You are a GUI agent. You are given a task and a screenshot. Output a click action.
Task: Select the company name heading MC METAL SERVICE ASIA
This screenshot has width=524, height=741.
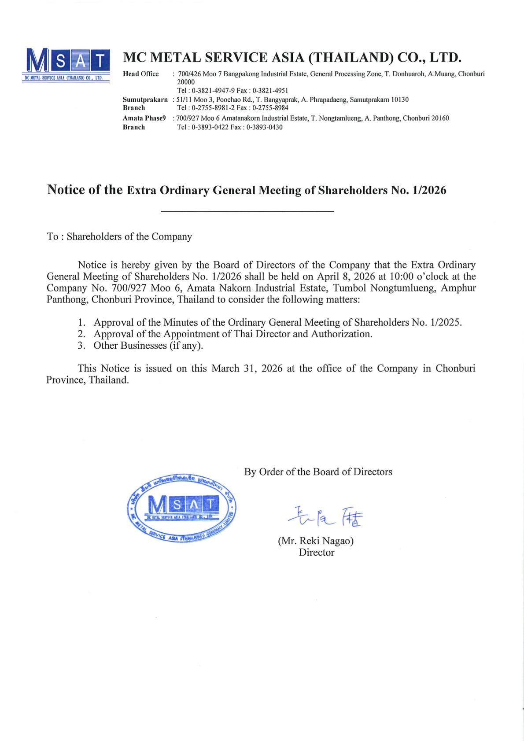click(292, 57)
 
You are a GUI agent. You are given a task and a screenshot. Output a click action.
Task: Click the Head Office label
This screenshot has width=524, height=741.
click(140, 74)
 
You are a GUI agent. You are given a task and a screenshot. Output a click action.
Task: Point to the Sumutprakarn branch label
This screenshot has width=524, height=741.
click(145, 100)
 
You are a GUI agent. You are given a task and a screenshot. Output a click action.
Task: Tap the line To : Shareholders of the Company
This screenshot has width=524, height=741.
click(119, 236)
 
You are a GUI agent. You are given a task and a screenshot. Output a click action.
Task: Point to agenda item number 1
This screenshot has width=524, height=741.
click(81, 322)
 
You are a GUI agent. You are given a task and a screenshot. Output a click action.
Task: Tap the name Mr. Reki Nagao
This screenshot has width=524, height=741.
click(316, 541)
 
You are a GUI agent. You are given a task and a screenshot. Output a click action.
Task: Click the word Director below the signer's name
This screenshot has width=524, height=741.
click(316, 552)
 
